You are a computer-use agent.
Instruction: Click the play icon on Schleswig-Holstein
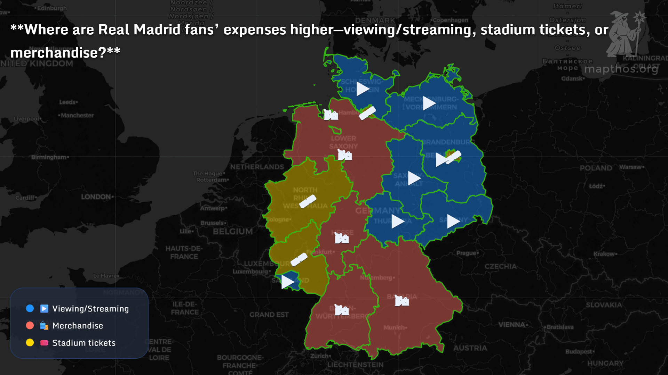click(362, 89)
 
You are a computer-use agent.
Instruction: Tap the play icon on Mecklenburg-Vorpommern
click(429, 103)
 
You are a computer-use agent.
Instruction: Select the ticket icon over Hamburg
click(367, 113)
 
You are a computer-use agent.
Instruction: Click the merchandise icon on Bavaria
click(402, 301)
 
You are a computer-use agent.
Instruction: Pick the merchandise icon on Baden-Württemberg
click(342, 310)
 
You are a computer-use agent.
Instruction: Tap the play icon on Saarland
click(287, 282)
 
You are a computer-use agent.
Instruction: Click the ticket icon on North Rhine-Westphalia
click(308, 201)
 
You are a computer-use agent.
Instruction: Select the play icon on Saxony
click(453, 221)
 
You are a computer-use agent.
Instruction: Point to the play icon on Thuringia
click(397, 221)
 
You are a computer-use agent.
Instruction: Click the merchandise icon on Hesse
click(342, 238)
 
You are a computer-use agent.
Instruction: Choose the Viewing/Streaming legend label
click(90, 309)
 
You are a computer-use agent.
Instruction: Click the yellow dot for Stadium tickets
click(30, 343)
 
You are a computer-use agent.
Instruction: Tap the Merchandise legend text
click(78, 326)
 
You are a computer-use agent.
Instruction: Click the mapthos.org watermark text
click(621, 69)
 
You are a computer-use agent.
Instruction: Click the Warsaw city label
click(630, 167)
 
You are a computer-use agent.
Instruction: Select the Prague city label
click(466, 253)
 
